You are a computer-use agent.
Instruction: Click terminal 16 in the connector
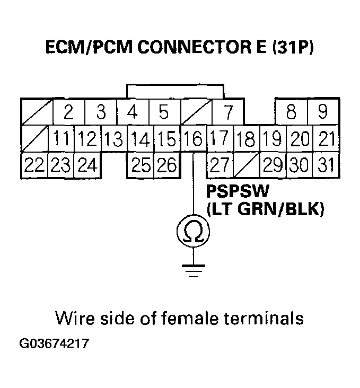[194, 139]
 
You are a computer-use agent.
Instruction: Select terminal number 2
[67, 112]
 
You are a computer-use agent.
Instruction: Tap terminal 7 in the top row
[228, 112]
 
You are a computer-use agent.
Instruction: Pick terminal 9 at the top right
[322, 112]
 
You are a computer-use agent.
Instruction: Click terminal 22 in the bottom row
[34, 165]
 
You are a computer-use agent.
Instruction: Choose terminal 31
[324, 165]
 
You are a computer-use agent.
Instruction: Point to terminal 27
[219, 165]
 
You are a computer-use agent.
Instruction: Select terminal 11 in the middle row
[61, 139]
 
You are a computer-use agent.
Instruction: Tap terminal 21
[326, 139]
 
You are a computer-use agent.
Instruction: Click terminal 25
[141, 165]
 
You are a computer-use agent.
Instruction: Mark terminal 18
[246, 139]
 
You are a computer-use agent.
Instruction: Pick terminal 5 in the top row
[164, 112]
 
